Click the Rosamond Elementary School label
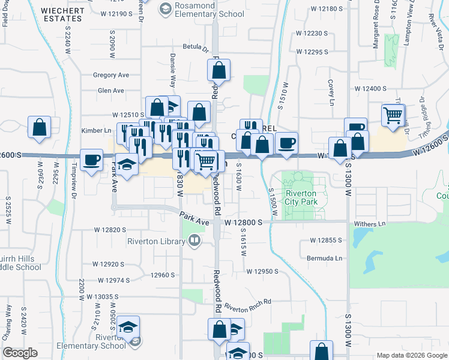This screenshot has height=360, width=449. [x=201, y=10]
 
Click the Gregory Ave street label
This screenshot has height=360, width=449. [x=111, y=75]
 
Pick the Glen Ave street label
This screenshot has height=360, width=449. [x=110, y=91]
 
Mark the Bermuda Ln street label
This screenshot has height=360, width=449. [x=330, y=259]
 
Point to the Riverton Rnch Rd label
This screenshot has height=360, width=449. [x=248, y=305]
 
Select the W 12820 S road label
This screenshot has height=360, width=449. [x=109, y=230]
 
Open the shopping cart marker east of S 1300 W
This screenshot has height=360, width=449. [x=393, y=115]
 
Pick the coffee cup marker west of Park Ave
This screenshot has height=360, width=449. [x=92, y=159]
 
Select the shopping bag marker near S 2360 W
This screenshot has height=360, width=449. [x=40, y=127]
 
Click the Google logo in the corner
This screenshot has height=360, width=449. [x=20, y=353]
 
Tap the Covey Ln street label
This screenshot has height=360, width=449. [x=330, y=89]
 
